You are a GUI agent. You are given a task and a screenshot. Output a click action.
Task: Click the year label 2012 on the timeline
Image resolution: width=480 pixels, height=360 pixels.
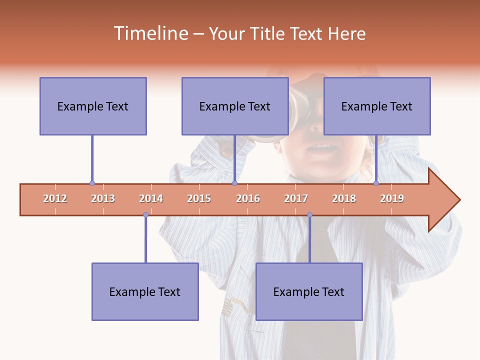(55, 198)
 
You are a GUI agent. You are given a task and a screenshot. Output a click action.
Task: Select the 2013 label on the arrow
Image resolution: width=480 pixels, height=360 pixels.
(103, 198)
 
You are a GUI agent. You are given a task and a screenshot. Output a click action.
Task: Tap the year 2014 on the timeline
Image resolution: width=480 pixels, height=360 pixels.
(151, 198)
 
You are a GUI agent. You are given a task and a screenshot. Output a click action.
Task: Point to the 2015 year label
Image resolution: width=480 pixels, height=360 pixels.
(199, 198)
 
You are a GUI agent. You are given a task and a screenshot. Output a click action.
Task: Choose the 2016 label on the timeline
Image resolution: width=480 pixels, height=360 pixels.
(248, 198)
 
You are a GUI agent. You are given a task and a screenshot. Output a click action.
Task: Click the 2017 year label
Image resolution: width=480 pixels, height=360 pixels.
(296, 198)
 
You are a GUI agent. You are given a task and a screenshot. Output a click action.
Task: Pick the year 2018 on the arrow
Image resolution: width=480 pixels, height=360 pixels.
(344, 198)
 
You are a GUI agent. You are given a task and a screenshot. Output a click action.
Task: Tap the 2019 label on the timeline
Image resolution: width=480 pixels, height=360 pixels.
(392, 198)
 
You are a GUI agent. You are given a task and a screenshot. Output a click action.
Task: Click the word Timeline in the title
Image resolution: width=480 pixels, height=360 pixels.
(150, 33)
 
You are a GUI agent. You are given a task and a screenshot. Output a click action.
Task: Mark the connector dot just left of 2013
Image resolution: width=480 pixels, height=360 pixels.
(92, 183)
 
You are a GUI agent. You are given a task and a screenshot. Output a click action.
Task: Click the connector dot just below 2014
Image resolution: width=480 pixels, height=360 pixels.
(145, 215)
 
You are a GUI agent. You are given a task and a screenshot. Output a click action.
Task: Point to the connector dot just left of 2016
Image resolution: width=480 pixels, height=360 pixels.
(234, 183)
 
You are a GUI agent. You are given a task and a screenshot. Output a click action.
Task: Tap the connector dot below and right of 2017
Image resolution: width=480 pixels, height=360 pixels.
(309, 215)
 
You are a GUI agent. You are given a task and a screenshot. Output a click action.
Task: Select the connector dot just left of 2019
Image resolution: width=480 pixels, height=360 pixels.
(376, 183)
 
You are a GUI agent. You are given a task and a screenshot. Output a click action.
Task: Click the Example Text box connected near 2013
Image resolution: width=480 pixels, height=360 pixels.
(93, 106)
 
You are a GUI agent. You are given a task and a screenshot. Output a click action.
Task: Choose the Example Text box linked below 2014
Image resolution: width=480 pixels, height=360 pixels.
(145, 291)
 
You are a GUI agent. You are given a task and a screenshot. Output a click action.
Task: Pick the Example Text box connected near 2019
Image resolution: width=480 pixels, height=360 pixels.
(377, 106)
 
